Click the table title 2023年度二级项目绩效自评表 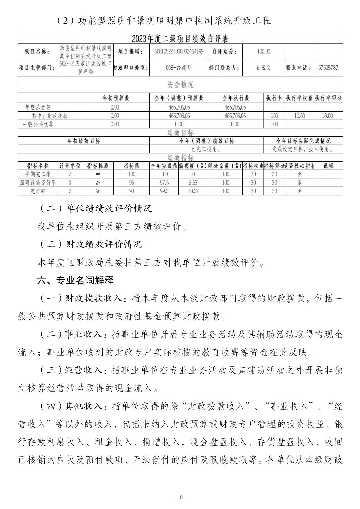pos(180,39)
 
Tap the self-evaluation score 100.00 pos(263,51)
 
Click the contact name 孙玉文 pos(263,68)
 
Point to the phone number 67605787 pos(328,68)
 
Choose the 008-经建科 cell pos(179,68)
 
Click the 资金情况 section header pos(180,84)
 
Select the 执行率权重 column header pos(299,98)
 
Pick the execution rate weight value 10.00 pos(299,116)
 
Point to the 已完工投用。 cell pos(206,149)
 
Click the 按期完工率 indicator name pos(38,174)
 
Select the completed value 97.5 pos(164,183)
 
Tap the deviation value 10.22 pos(193,191)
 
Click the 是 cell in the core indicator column pos(299,183)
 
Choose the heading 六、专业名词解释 pos(75,280)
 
